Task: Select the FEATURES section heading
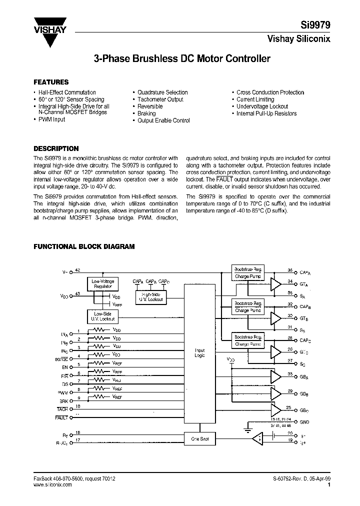[50, 82]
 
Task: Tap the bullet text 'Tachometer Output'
[160, 99]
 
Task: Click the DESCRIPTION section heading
[55, 148]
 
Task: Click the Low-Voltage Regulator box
[103, 283]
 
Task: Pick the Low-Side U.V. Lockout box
[103, 316]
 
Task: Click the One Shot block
[199, 439]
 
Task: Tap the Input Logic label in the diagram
[199, 353]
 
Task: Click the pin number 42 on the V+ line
[77, 270]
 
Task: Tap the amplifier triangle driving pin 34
[275, 284]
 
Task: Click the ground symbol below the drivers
[246, 428]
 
